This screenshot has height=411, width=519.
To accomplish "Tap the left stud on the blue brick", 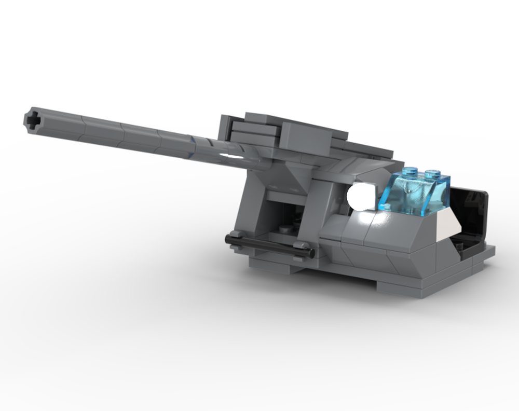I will [x=410, y=171].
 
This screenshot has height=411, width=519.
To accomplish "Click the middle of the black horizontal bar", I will [x=270, y=246].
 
